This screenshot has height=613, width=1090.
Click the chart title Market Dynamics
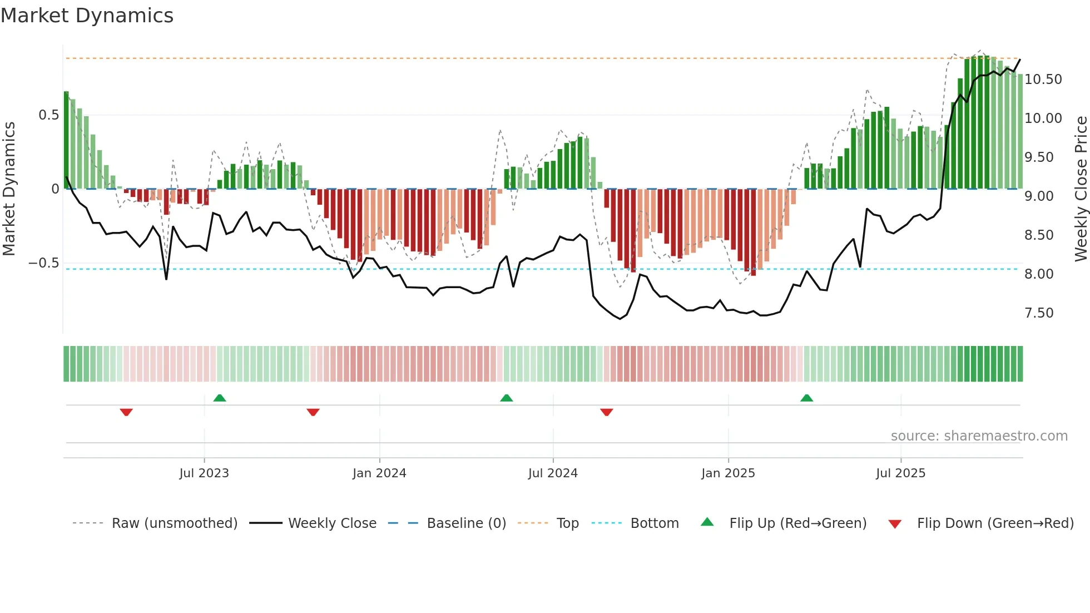tap(87, 16)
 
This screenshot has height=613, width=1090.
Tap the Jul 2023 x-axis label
tap(204, 473)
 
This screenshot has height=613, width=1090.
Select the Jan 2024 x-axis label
tap(379, 473)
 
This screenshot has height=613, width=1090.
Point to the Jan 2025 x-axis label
tap(728, 473)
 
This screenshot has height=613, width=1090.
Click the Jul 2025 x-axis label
tap(900, 473)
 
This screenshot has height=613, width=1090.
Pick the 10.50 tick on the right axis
tap(1043, 80)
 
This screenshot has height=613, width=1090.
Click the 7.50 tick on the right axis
tap(1039, 313)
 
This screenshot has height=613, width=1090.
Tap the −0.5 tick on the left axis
tap(44, 263)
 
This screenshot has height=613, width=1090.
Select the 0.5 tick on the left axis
tap(48, 115)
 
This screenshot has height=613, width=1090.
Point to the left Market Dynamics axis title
tap(9, 189)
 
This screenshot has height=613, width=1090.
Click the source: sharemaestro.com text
tap(979, 436)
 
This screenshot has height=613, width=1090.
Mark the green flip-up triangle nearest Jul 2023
tap(220, 398)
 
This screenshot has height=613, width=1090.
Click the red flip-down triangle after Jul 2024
tap(607, 412)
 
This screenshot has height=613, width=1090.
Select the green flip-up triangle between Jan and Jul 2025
tap(806, 398)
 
